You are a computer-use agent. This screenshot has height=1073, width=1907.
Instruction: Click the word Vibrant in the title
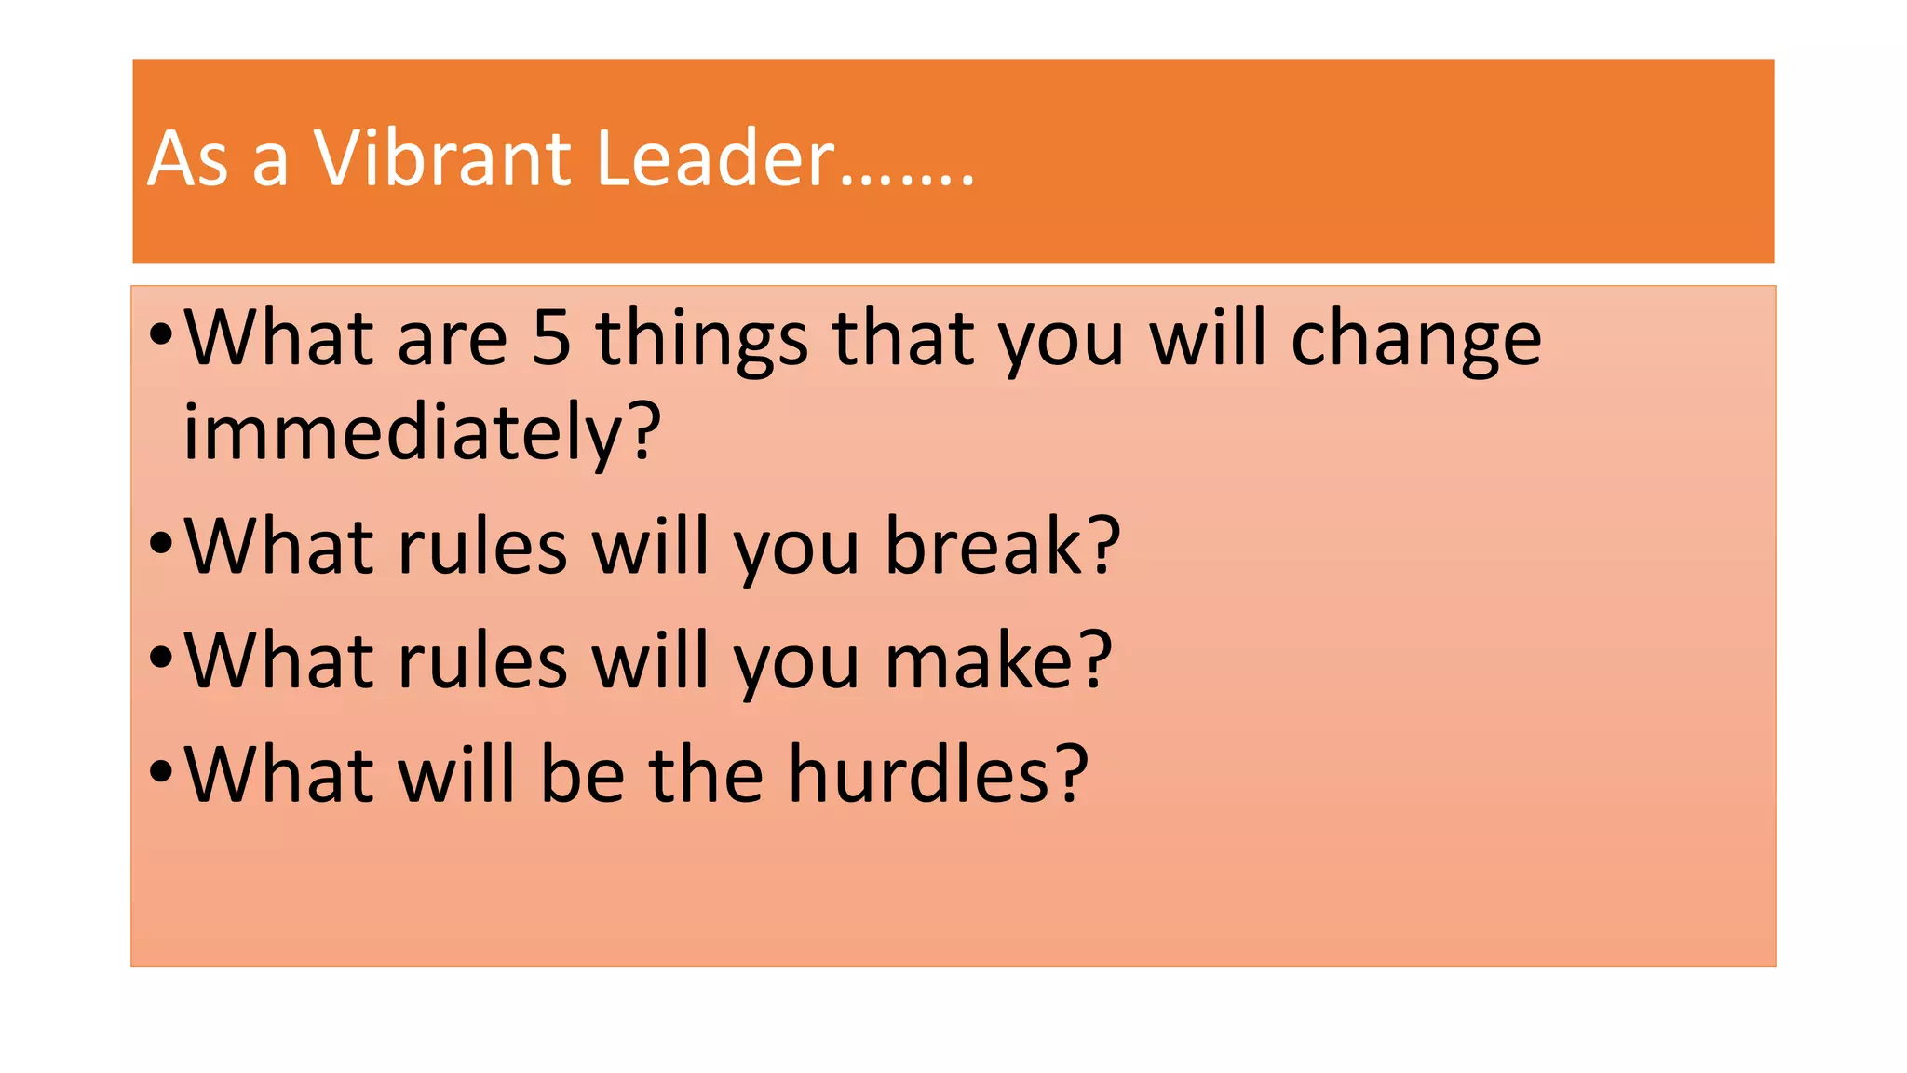441,158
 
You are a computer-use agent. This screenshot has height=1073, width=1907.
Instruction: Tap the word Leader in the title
714,158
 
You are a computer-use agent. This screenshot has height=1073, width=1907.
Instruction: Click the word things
701,339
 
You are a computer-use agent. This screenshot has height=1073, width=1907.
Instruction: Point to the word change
1415,339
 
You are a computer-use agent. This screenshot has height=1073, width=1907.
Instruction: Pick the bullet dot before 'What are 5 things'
161,333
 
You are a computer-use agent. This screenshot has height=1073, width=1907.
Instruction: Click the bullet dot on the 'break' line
161,542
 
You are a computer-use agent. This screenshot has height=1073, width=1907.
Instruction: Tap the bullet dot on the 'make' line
161,657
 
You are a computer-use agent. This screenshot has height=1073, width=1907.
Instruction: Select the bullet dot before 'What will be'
161,770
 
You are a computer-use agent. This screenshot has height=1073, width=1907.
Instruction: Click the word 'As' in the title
187,158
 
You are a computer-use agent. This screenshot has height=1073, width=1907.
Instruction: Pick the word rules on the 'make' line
482,660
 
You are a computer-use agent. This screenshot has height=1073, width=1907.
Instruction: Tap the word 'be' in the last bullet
582,774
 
